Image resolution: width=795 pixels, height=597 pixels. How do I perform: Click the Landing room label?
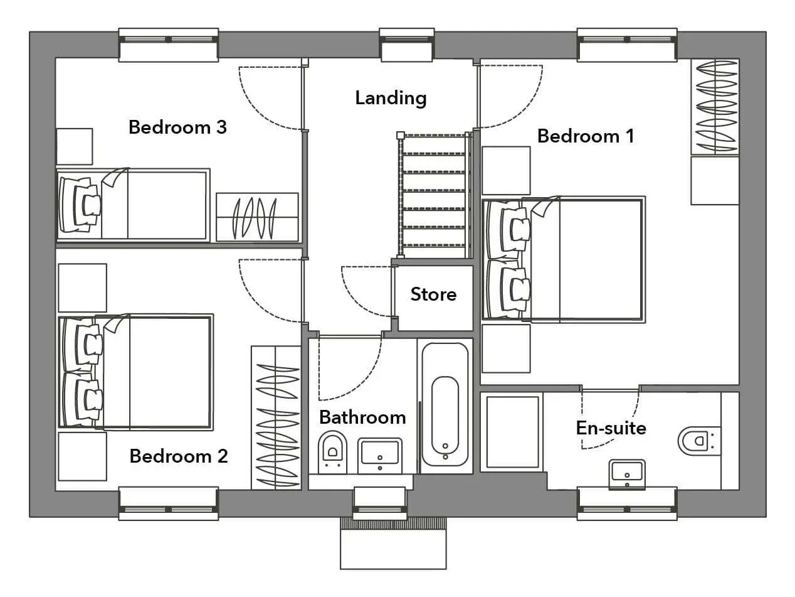click(391, 98)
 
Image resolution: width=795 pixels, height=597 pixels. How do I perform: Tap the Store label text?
click(433, 294)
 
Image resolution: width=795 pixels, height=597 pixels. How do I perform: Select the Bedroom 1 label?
click(586, 136)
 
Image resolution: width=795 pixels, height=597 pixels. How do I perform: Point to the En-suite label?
click(611, 428)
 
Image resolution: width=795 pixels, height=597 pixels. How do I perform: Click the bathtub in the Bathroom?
click(445, 406)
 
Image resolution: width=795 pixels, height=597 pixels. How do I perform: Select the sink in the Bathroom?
click(379, 455)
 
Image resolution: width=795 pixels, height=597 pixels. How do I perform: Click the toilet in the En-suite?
click(699, 441)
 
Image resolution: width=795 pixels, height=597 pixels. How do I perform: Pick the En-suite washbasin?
click(627, 475)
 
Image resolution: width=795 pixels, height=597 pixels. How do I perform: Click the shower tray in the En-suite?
click(512, 432)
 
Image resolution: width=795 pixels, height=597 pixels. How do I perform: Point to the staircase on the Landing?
click(434, 195)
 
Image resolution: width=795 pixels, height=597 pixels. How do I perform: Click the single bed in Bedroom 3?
click(133, 205)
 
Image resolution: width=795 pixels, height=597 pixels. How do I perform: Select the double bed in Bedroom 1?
click(564, 259)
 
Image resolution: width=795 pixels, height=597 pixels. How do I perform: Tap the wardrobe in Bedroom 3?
click(257, 217)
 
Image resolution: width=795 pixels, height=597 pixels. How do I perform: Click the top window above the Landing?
click(407, 45)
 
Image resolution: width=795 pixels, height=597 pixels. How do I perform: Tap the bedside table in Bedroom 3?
click(75, 146)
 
